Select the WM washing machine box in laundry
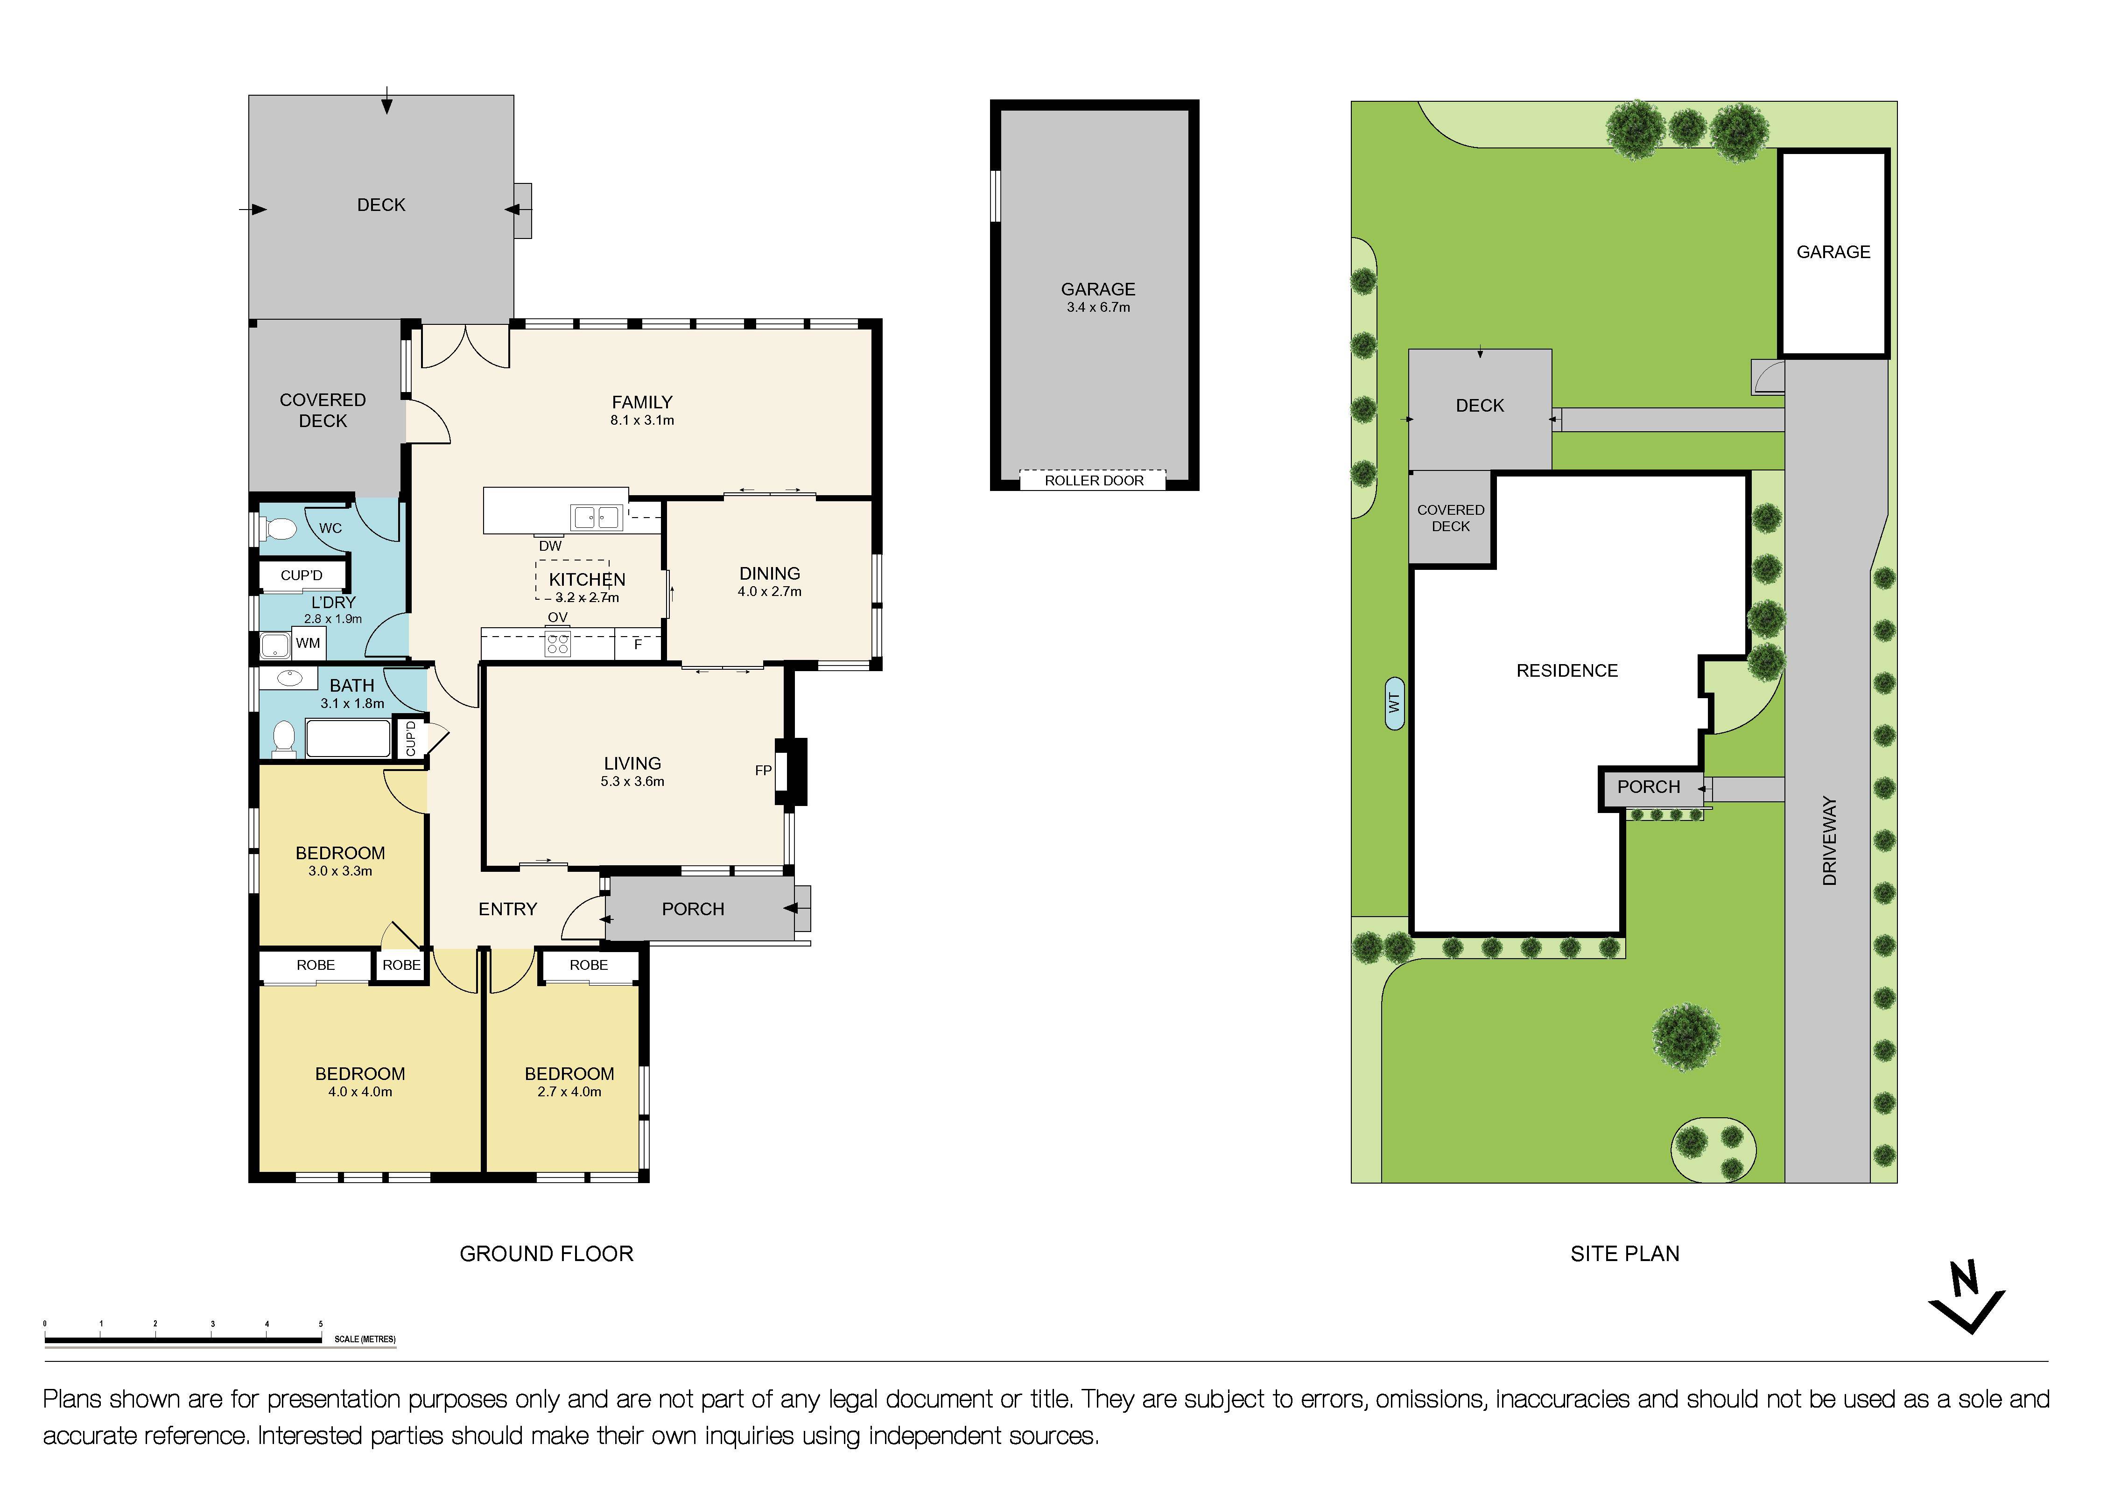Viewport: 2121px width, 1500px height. click(x=309, y=643)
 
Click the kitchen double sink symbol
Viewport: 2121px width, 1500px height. click(x=596, y=517)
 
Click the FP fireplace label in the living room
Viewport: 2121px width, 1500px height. click(x=763, y=771)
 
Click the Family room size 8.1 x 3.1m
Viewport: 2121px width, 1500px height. click(x=642, y=420)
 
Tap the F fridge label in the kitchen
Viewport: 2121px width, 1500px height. click(x=638, y=645)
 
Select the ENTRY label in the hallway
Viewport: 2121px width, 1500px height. click(x=507, y=909)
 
